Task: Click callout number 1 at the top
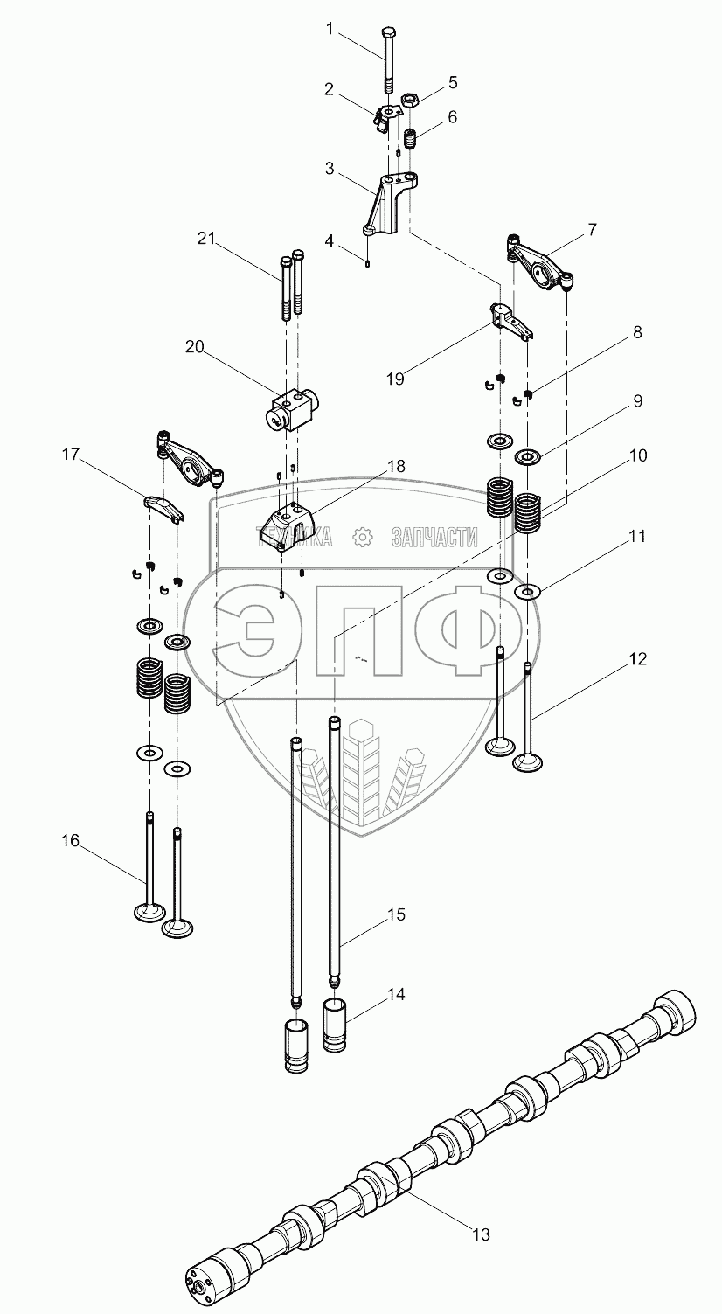[330, 29]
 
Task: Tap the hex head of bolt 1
[388, 31]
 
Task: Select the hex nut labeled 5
[409, 101]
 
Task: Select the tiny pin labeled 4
[367, 262]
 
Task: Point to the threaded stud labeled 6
[409, 138]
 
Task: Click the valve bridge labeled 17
[165, 507]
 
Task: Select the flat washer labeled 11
[526, 592]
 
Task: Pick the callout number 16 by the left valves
[70, 840]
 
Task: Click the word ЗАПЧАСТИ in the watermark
[434, 536]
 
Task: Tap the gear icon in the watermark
[361, 536]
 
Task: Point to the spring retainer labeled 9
[527, 455]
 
